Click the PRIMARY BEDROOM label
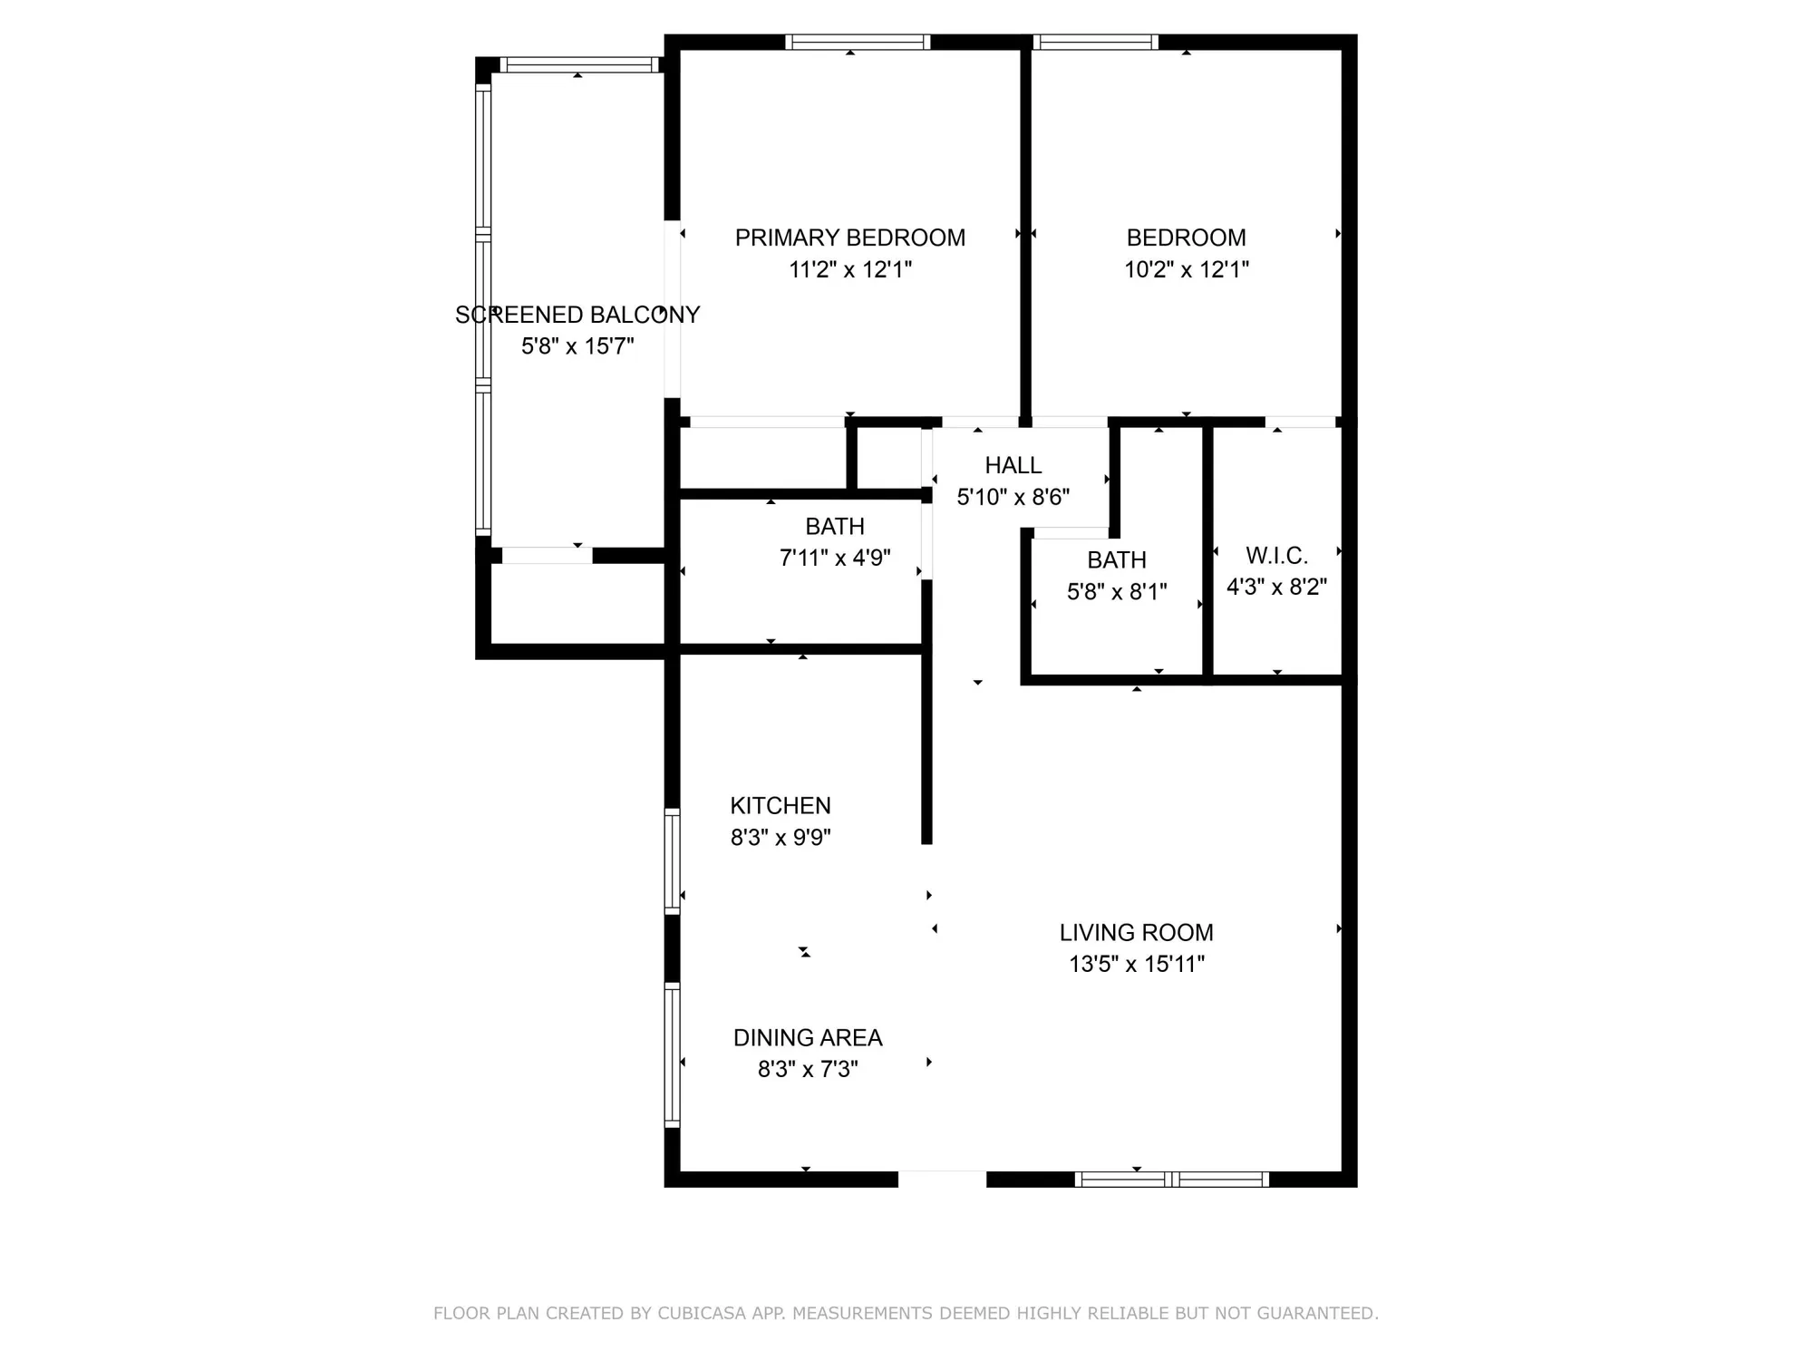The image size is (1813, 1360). click(849, 238)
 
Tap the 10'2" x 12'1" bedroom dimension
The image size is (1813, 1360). click(1186, 269)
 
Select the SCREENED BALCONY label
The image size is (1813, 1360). click(577, 315)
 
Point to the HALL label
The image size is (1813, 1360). click(1013, 465)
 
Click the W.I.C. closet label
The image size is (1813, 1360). click(1276, 555)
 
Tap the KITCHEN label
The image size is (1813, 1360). click(780, 805)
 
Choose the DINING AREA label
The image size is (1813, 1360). click(807, 1037)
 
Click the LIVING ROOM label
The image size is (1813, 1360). click(1136, 932)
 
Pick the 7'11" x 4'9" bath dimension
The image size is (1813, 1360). click(835, 558)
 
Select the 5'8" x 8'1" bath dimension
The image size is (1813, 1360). click(1116, 591)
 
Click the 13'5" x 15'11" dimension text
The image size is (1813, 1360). click(1136, 964)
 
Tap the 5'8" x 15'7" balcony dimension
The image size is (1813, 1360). click(577, 346)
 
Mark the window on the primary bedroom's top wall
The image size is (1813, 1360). click(858, 42)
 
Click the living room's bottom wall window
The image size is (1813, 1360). click(1171, 1180)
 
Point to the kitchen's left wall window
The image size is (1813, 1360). click(672, 860)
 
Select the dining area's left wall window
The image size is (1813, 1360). click(672, 1055)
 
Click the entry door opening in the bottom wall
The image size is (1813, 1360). click(942, 1180)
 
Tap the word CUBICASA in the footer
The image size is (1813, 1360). click(702, 1313)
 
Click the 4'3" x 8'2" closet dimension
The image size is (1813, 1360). click(1276, 587)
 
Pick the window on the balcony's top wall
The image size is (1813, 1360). click(578, 64)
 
